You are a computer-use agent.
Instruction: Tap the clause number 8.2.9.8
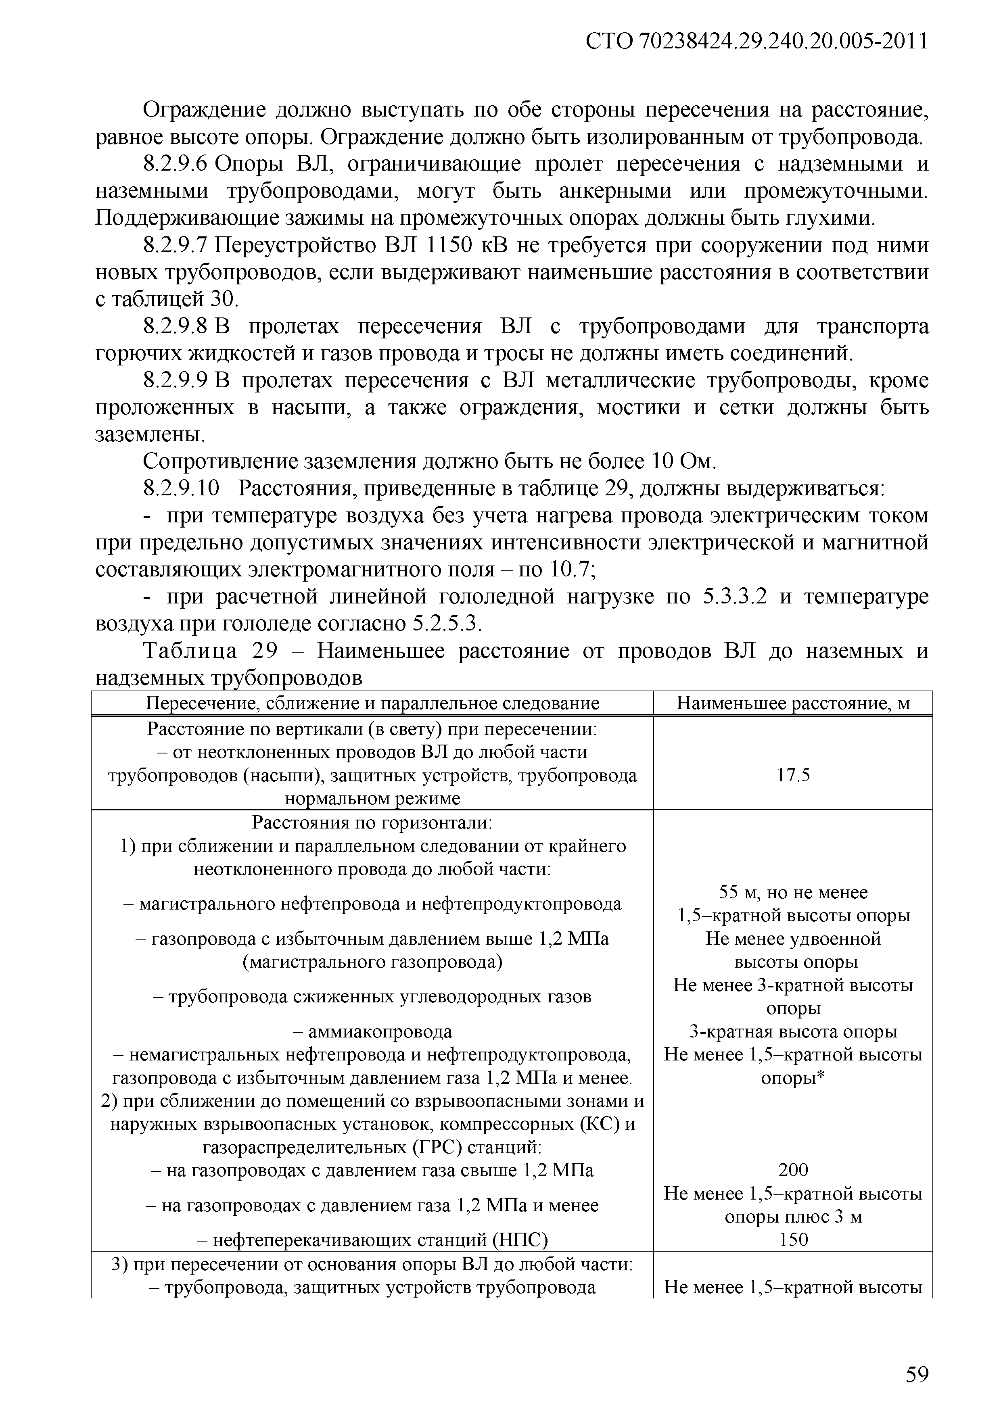coord(178,327)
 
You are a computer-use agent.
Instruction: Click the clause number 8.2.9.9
coord(178,381)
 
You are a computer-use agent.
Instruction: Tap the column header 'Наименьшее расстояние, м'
coord(793,704)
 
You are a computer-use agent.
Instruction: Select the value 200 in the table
coord(793,1170)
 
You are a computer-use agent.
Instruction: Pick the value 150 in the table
coord(793,1240)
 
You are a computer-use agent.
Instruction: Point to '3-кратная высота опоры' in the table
coord(793,1032)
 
